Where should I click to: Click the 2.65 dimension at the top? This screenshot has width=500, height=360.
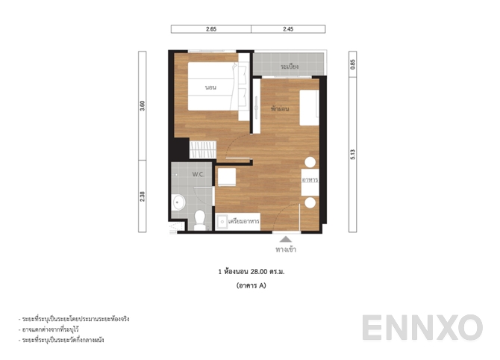coord(211,29)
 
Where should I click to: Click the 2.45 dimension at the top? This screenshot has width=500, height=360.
coord(289,29)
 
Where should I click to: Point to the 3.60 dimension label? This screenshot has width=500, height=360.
coord(143,105)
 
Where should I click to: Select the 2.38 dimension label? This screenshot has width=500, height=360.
coord(143,196)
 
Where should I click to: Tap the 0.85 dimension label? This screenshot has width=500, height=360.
coord(353,65)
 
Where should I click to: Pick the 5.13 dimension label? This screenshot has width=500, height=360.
coord(353,155)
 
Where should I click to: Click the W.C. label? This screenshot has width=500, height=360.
coord(198,174)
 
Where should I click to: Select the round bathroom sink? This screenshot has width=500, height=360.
coord(178,202)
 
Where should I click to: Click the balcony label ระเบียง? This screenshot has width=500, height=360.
coord(290,67)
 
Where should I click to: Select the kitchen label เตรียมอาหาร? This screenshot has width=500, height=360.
coord(244,222)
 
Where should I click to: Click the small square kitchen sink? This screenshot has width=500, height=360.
coord(222,221)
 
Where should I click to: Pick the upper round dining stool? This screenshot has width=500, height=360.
coord(310,162)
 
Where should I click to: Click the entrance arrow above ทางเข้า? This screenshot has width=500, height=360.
coord(284,240)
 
